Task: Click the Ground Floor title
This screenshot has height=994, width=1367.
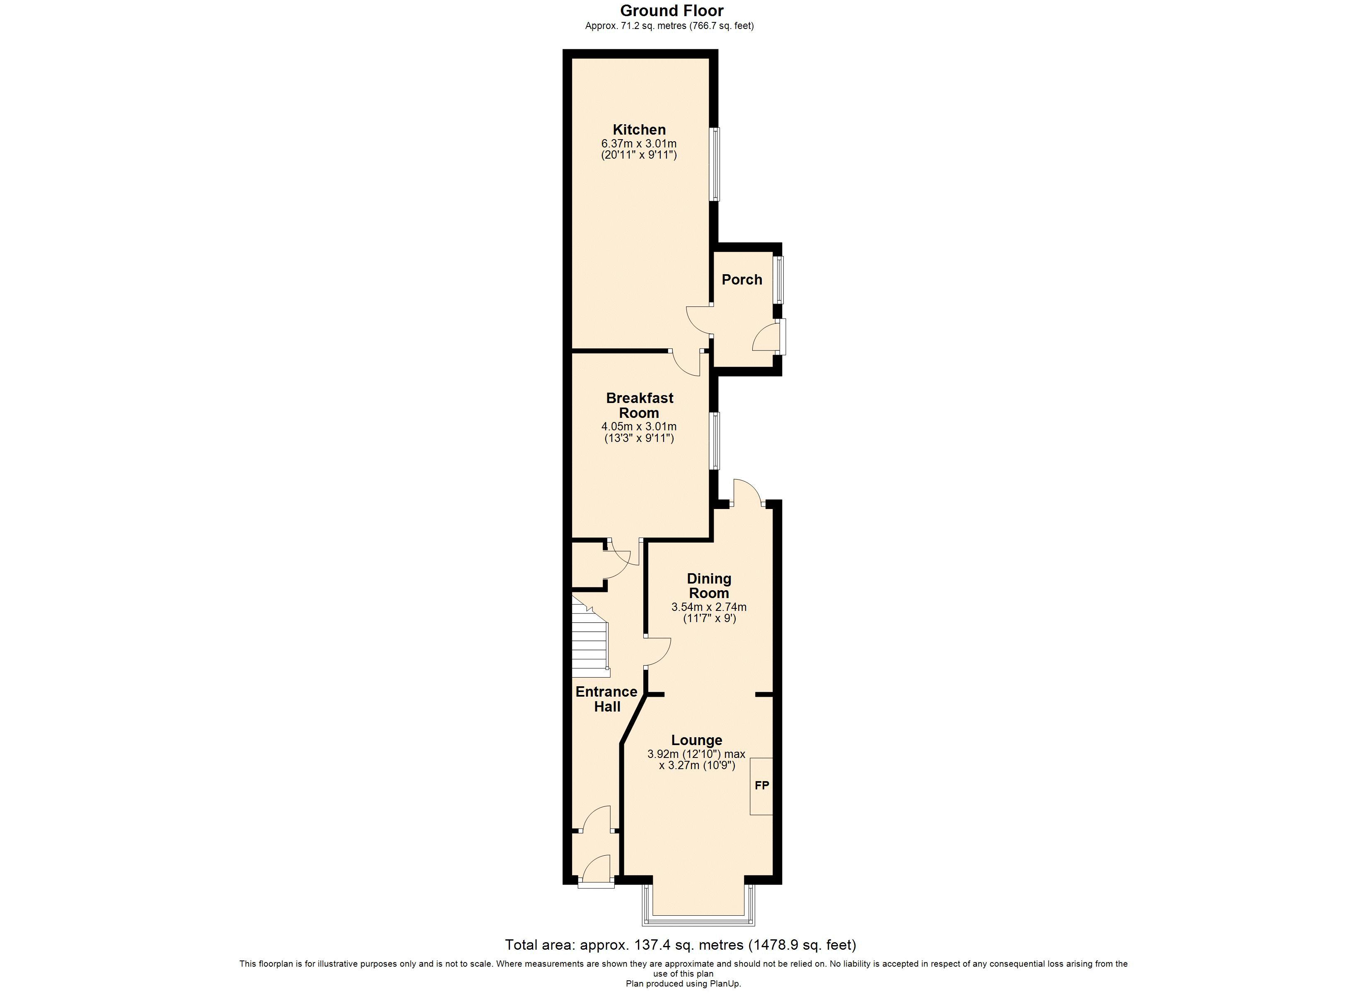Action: pos(671,11)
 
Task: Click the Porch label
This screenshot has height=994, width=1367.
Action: pos(742,280)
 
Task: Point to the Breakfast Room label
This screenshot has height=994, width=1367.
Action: pos(640,405)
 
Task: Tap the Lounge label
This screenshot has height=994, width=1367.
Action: pos(697,740)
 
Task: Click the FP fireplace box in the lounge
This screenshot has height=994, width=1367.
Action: pos(761,786)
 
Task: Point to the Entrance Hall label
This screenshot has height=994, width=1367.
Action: pos(606,699)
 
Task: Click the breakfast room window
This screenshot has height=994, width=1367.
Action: pos(714,441)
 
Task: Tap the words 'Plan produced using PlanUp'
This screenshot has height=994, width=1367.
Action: pos(683,984)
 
